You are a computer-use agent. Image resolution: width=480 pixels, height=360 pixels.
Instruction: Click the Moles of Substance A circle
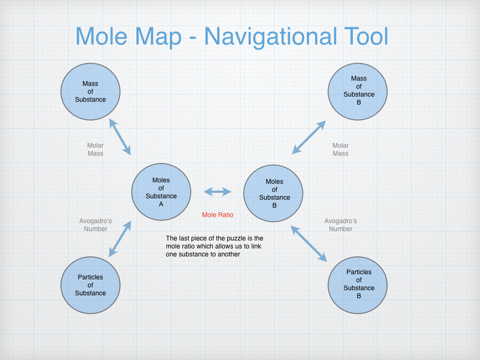pos(161,192)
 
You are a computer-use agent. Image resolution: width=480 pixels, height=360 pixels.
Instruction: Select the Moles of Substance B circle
pos(273,193)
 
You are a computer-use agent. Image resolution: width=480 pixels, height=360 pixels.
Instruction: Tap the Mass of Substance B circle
pos(358,91)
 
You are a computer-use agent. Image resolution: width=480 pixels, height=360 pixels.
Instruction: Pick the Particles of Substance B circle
pos(358,284)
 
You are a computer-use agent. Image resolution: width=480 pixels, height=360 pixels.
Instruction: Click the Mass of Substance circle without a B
pos(90,91)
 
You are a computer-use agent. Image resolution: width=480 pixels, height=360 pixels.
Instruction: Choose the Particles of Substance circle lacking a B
pos(90,285)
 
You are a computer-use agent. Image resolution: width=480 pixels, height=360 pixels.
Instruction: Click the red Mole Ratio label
pos(217,215)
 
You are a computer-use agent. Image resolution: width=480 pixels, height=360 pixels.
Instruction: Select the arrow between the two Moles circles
pos(217,192)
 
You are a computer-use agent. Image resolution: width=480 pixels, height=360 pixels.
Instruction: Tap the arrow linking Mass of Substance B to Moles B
pos(309,137)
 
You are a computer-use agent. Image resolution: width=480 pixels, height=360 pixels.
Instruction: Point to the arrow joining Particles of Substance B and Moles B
pos(309,243)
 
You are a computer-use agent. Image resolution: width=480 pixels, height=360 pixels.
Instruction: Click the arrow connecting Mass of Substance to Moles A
pos(120,136)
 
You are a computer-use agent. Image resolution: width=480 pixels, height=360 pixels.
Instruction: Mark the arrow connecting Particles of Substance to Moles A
pos(120,239)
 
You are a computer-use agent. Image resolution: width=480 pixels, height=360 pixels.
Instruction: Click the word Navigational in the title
pos(270,37)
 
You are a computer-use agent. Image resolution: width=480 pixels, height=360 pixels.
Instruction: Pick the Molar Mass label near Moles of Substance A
pos(95,150)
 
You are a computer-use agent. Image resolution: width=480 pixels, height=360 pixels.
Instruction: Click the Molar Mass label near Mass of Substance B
pos(340,150)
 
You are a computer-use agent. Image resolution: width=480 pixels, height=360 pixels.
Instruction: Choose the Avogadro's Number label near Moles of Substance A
pos(96,225)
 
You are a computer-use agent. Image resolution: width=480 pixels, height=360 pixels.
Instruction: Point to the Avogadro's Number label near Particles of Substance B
pos(340,225)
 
